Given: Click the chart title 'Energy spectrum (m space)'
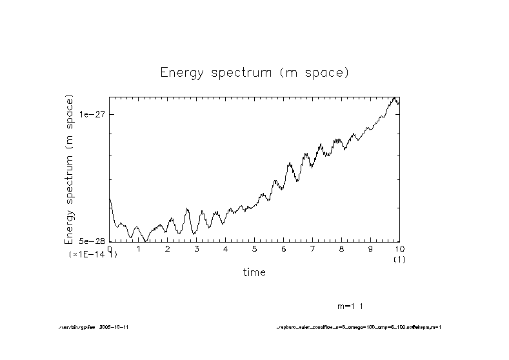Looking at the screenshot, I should (x=254, y=72).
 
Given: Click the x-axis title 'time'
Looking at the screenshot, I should (x=254, y=272).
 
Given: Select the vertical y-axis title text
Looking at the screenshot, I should (x=69, y=169).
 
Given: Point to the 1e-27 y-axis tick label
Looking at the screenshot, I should (x=92, y=114).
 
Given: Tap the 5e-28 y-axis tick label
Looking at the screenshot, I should (x=92, y=241).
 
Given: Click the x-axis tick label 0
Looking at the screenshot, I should (x=110, y=248).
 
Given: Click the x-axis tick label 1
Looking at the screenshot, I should (x=139, y=248).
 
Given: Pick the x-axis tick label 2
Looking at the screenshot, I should (x=168, y=248).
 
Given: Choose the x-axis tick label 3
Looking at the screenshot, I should (x=197, y=248).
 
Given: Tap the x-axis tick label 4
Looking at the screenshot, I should (x=226, y=248).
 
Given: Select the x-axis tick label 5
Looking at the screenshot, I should (x=255, y=248).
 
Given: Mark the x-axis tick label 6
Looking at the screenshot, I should (x=284, y=248).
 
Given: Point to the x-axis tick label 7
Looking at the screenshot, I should (x=313, y=248).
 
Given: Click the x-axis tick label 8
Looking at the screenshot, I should (x=342, y=248).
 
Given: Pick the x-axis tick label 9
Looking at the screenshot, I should (x=371, y=248).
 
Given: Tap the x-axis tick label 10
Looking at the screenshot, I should (x=399, y=248).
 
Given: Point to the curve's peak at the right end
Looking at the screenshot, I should (x=394, y=98).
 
